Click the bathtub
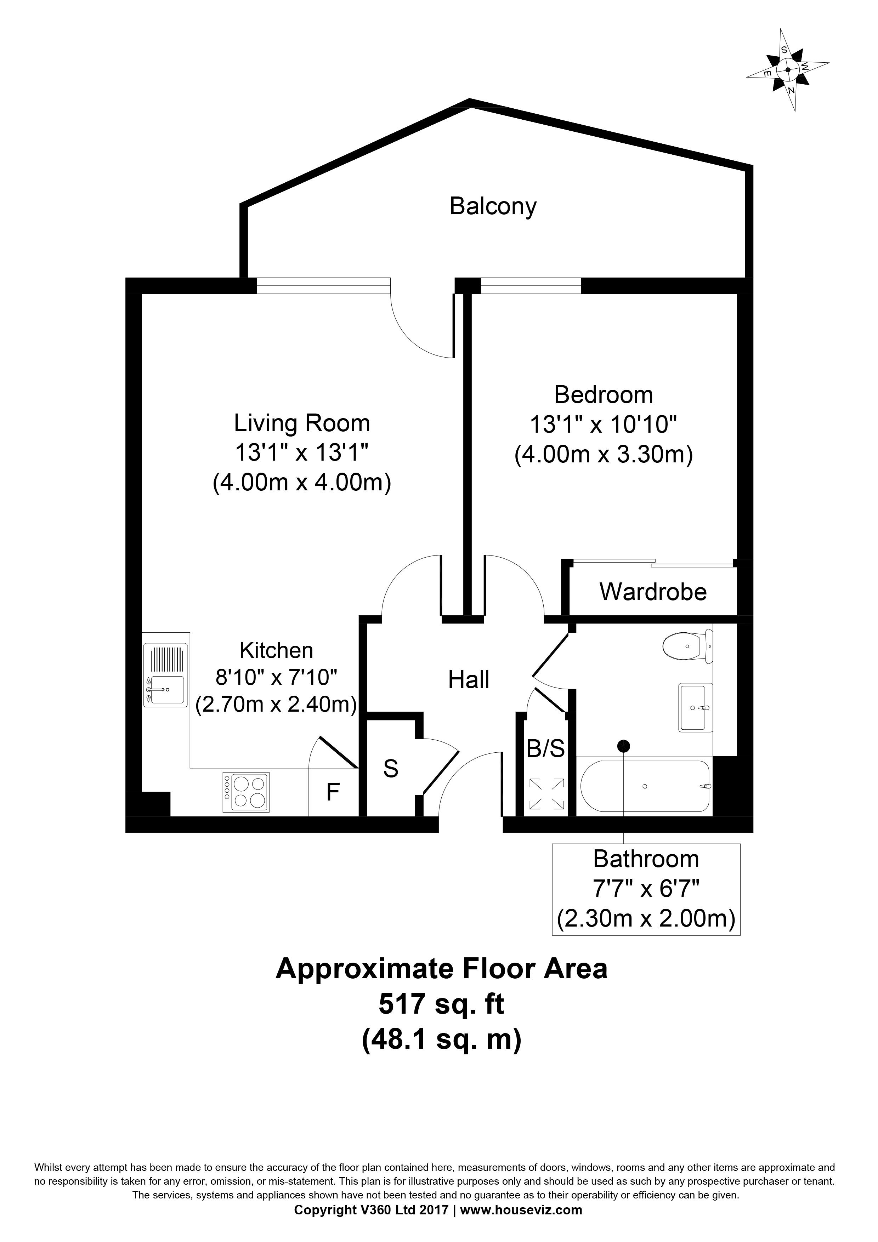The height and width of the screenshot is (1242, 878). (644, 786)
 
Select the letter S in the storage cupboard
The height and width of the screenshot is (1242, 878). (391, 769)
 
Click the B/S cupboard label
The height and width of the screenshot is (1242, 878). (545, 749)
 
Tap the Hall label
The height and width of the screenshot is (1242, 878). (469, 680)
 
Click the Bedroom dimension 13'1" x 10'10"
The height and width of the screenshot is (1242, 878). (603, 425)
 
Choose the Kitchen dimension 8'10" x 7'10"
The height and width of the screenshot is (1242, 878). (277, 677)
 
